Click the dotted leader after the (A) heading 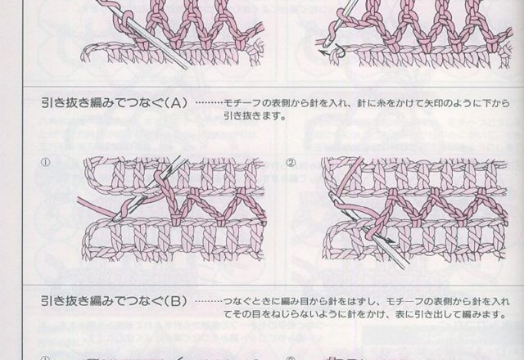(x=210, y=104)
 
